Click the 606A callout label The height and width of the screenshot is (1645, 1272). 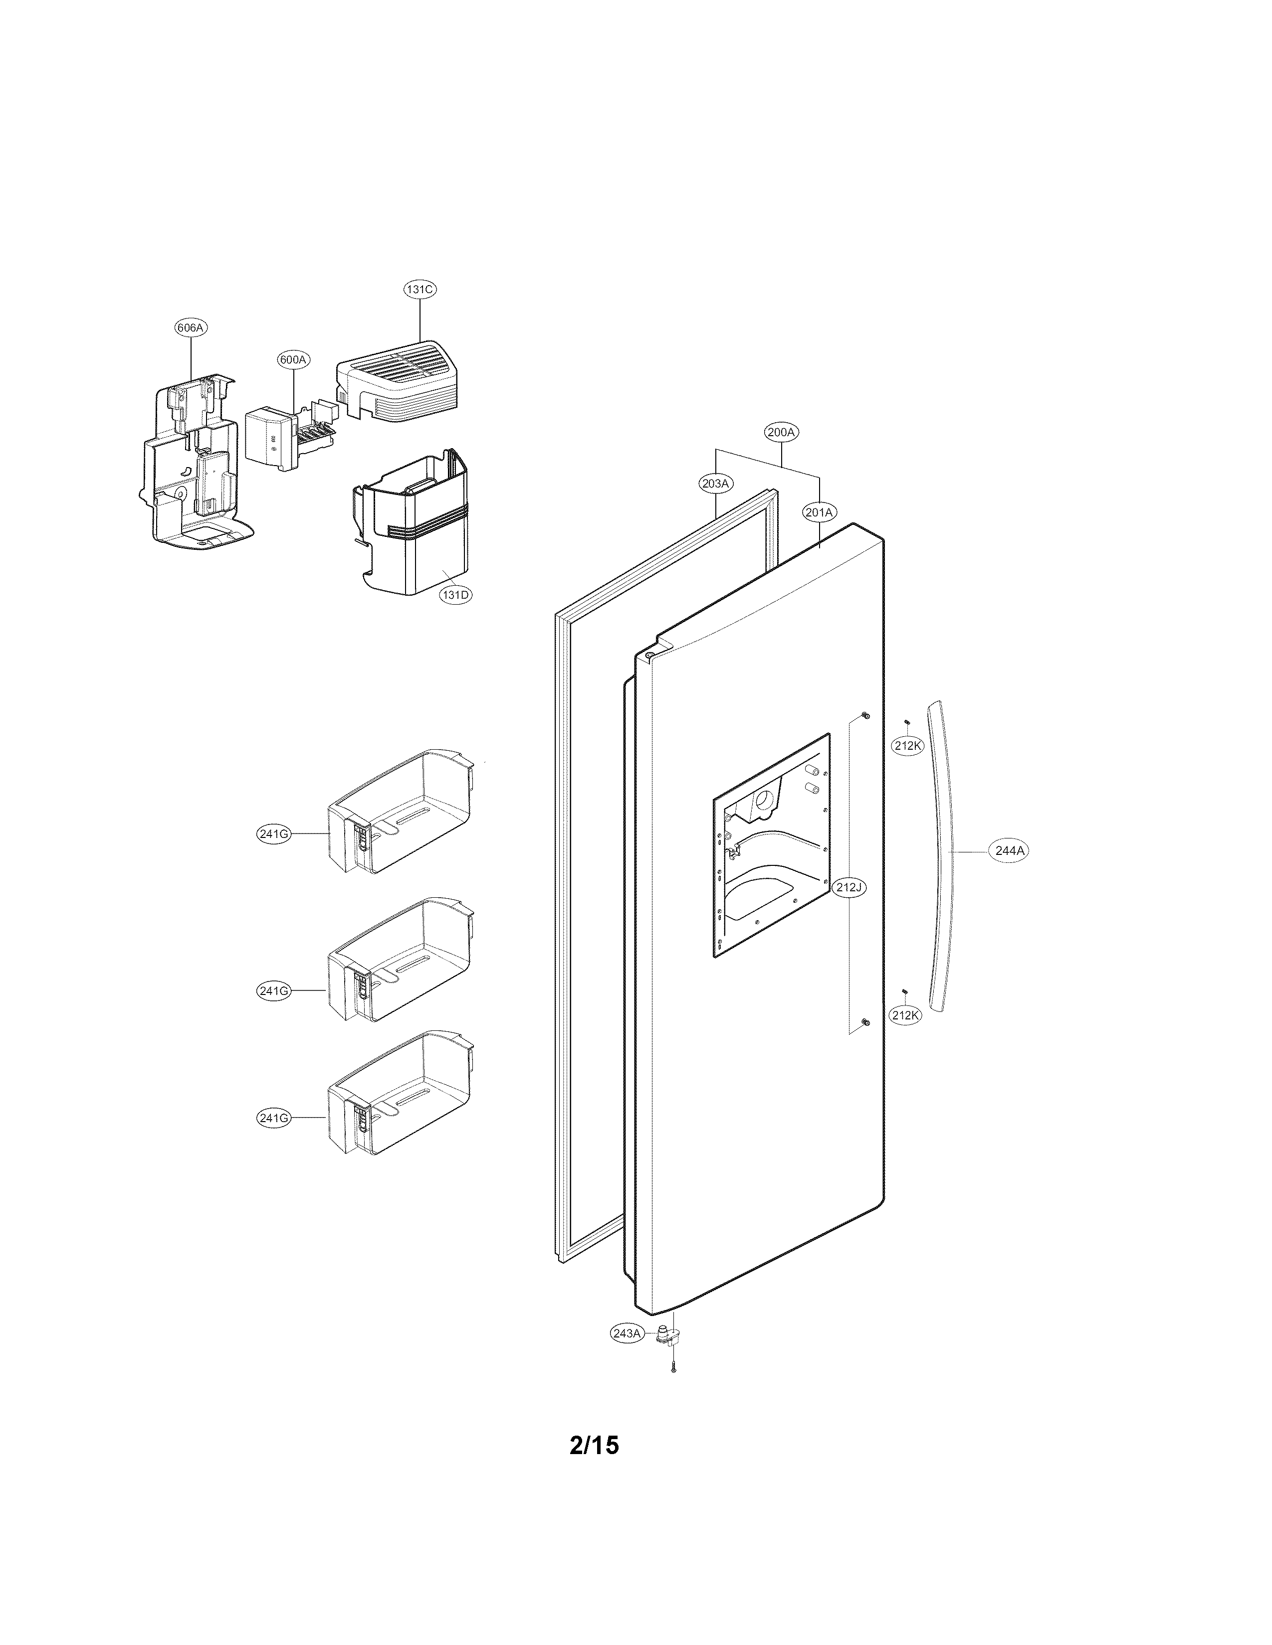click(190, 328)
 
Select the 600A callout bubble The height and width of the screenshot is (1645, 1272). click(293, 360)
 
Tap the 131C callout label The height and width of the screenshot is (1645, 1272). click(419, 289)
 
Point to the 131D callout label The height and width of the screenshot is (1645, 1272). click(455, 594)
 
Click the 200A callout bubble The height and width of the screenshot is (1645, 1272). click(782, 432)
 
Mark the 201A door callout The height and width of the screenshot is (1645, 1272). click(819, 512)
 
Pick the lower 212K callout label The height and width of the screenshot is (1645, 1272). click(904, 1014)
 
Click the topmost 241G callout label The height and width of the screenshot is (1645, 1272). click(273, 834)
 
